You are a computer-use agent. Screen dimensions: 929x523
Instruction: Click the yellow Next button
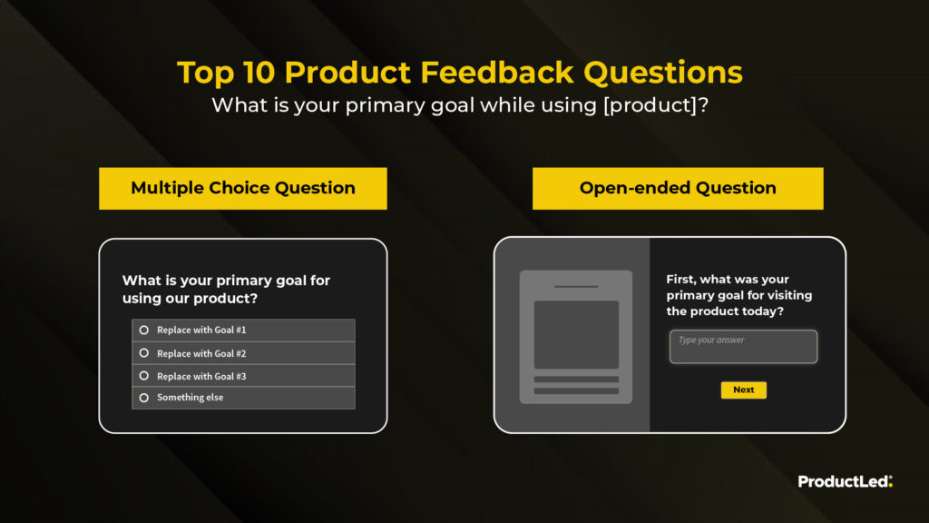(744, 390)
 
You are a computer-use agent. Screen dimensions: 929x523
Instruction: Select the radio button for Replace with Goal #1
(144, 330)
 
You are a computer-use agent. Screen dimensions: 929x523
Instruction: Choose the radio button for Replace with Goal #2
(144, 353)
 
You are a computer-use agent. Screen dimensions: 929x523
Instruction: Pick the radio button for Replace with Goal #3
(144, 376)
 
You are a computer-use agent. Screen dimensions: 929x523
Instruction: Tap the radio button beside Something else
(144, 398)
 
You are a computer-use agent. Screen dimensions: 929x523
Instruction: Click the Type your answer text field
(744, 346)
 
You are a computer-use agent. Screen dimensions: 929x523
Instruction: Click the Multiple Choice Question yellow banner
(243, 188)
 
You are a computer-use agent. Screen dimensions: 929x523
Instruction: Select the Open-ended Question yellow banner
(678, 188)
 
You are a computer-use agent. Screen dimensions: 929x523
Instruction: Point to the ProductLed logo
(845, 481)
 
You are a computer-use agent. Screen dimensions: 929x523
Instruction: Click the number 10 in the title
(259, 73)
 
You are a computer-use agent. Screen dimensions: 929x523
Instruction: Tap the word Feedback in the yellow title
(497, 73)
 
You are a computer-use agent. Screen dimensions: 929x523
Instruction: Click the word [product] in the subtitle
(650, 105)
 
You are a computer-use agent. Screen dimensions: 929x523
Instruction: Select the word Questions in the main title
(663, 73)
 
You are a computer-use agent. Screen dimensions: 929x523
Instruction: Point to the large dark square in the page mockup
(576, 334)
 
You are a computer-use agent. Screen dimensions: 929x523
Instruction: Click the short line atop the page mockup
(576, 286)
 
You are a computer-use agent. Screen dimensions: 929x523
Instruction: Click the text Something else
(191, 398)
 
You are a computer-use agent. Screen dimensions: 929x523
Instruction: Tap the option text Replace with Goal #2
(201, 353)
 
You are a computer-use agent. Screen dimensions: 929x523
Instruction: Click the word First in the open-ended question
(680, 280)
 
